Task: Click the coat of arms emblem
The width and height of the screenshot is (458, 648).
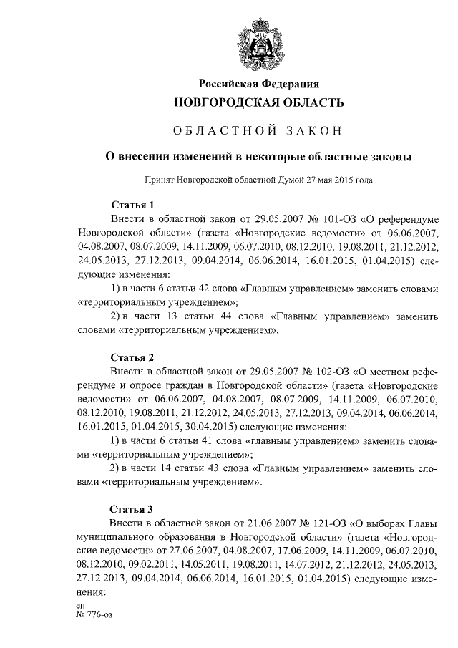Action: [259, 43]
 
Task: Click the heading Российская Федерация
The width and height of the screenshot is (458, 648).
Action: [259, 84]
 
